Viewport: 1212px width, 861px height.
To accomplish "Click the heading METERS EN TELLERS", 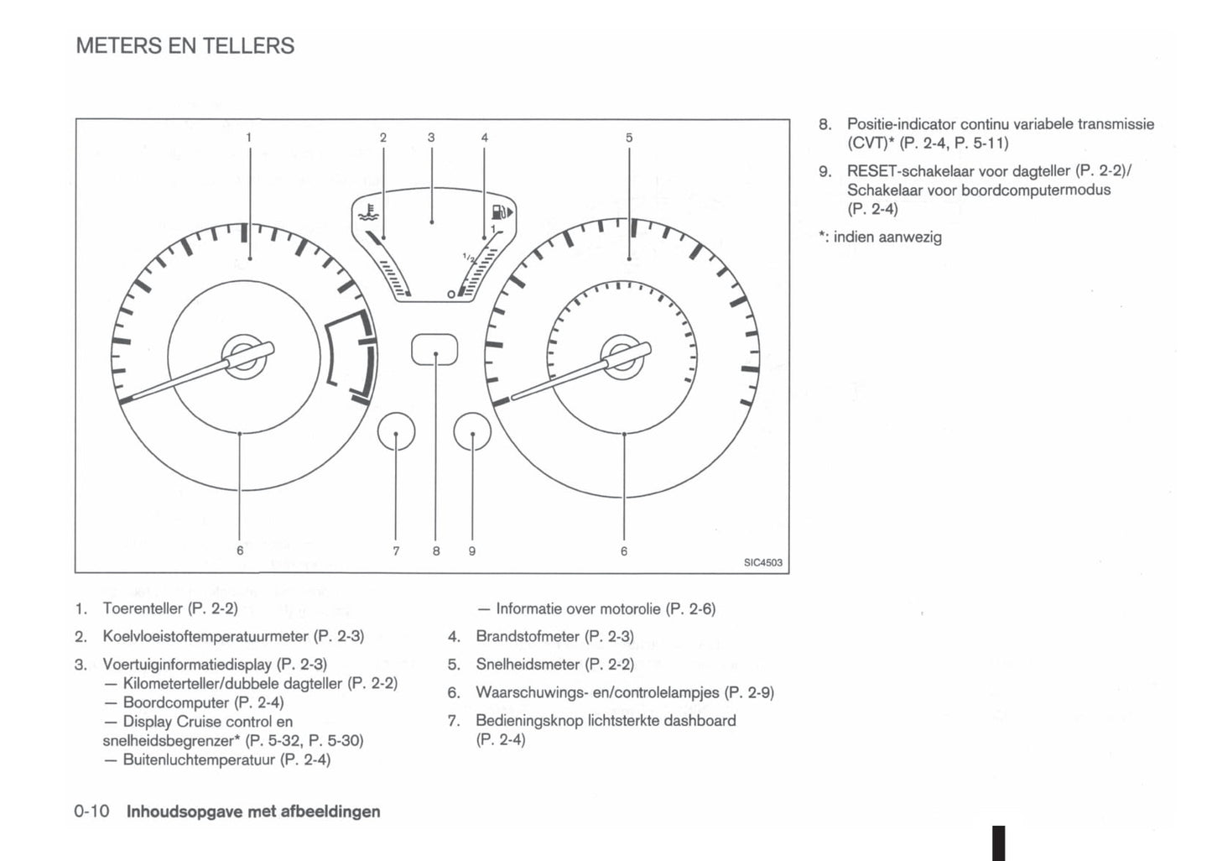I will coord(185,45).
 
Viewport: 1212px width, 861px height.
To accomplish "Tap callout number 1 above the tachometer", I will coord(248,137).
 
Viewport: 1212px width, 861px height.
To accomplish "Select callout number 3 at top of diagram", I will coord(431,137).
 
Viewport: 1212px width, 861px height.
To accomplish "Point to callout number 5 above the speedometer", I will coord(629,137).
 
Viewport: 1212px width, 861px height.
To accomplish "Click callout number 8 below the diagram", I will coord(436,551).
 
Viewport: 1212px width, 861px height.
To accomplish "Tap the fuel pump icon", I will coord(501,211).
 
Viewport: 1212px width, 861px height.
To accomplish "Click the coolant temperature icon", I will coord(367,211).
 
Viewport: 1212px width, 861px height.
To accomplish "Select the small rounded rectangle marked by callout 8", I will coord(434,350).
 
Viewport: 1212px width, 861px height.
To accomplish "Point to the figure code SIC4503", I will coord(762,562).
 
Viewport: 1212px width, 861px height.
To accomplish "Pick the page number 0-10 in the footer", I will coord(92,811).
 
